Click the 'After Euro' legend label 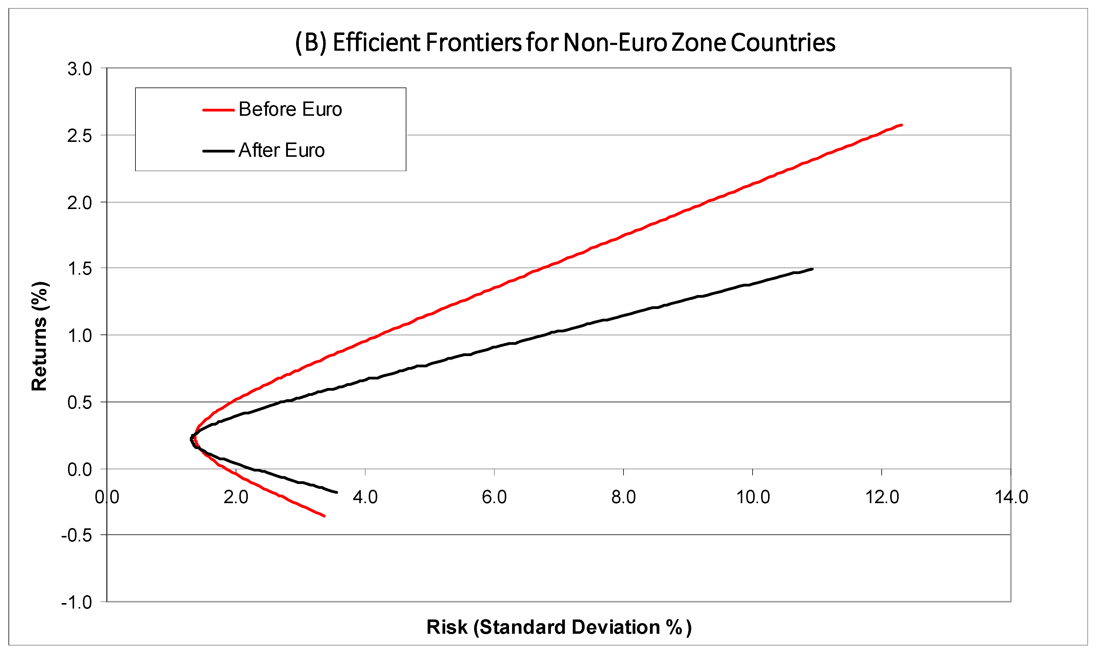[282, 151]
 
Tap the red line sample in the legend [218, 110]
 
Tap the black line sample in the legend [218, 151]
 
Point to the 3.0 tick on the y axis [80, 69]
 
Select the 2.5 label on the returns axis [80, 136]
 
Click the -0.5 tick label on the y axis [77, 536]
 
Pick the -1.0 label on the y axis [77, 602]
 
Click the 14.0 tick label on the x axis [1011, 497]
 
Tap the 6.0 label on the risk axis [494, 497]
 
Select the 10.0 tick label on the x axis [753, 497]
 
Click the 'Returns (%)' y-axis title [39, 336]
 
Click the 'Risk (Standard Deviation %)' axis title [559, 627]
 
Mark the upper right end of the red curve [901, 125]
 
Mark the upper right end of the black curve [812, 269]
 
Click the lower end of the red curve [324, 516]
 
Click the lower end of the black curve [337, 492]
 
